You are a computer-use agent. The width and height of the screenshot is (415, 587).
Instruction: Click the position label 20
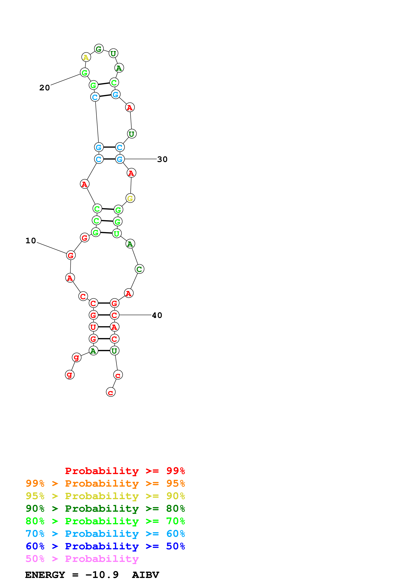click(45, 88)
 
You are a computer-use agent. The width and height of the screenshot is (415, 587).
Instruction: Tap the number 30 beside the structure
click(162, 159)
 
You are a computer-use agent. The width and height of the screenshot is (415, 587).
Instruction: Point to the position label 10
click(31, 241)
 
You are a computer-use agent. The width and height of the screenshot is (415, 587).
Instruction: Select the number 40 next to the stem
click(157, 315)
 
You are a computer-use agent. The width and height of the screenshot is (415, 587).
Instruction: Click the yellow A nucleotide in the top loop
click(86, 57)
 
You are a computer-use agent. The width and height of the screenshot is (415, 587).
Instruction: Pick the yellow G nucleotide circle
click(130, 198)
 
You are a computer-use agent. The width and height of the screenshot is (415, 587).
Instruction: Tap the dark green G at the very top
click(99, 49)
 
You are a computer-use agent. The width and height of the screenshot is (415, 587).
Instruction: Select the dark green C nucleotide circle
click(139, 269)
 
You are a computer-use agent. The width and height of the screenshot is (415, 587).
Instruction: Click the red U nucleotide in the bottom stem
click(93, 327)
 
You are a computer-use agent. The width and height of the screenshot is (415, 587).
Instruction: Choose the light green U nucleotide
click(117, 233)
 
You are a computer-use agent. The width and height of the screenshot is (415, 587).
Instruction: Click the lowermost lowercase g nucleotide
click(69, 375)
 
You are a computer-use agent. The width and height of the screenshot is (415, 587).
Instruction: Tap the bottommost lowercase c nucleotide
click(111, 392)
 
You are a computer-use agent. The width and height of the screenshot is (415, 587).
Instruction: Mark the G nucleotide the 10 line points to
click(71, 255)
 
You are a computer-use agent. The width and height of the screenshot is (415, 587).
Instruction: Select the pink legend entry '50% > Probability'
click(82, 559)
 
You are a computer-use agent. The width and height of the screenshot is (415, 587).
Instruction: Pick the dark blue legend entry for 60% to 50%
click(105, 546)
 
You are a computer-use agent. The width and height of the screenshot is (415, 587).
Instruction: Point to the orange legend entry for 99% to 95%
click(105, 483)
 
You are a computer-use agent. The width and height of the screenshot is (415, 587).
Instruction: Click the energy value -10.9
click(102, 575)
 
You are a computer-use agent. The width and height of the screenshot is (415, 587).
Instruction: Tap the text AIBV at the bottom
click(145, 575)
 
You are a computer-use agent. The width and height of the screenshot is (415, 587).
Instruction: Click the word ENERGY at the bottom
click(45, 575)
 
